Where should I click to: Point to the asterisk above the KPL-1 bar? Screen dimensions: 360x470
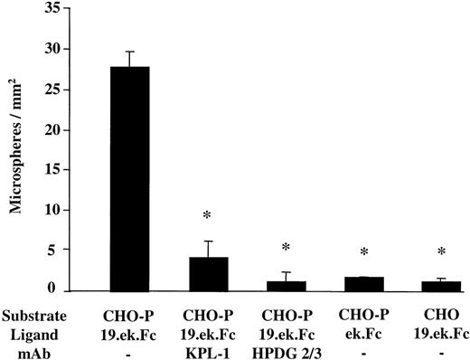(x=208, y=215)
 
